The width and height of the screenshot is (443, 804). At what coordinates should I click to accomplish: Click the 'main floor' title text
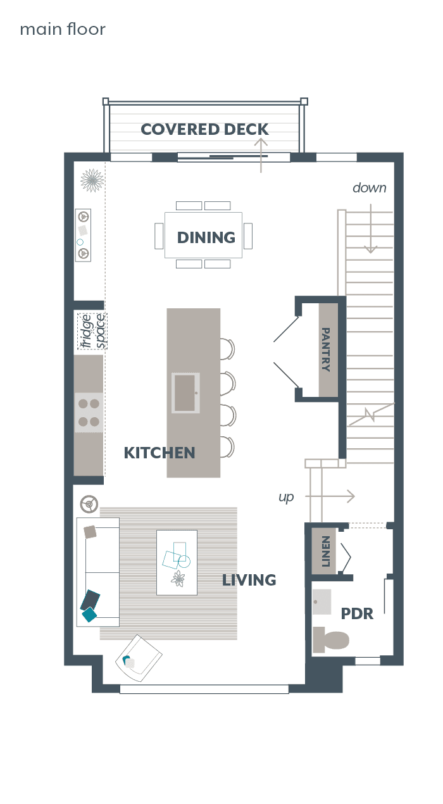pyautogui.click(x=63, y=29)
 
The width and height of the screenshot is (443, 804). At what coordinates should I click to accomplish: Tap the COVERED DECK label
pyautogui.click(x=204, y=129)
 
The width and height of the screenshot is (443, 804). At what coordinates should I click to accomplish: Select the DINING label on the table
pyautogui.click(x=206, y=237)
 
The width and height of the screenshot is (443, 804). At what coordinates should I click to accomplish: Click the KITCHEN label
pyautogui.click(x=159, y=453)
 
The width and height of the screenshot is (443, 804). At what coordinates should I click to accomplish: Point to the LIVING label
pyautogui.click(x=249, y=580)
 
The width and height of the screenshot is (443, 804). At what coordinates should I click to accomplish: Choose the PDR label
pyautogui.click(x=357, y=613)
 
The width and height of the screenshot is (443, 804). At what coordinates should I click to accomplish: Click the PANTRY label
pyautogui.click(x=325, y=349)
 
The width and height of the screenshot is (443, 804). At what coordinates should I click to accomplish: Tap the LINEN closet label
pyautogui.click(x=325, y=551)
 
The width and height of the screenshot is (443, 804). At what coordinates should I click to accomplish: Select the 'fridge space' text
pyautogui.click(x=92, y=331)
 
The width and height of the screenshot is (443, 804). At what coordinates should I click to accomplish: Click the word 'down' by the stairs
pyautogui.click(x=370, y=188)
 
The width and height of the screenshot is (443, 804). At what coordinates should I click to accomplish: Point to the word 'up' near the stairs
pyautogui.click(x=286, y=498)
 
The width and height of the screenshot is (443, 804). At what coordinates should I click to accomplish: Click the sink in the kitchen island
pyautogui.click(x=185, y=393)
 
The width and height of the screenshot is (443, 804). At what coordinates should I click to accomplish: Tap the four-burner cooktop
pyautogui.click(x=89, y=413)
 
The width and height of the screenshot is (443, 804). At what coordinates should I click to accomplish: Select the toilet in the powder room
pyautogui.click(x=330, y=639)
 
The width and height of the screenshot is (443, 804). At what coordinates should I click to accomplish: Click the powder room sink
pyautogui.click(x=321, y=602)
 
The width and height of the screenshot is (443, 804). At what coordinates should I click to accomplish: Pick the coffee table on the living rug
pyautogui.click(x=177, y=562)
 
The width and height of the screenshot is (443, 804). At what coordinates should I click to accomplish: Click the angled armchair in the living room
pyautogui.click(x=139, y=658)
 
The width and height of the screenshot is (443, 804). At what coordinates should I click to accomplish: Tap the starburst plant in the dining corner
pyautogui.click(x=92, y=180)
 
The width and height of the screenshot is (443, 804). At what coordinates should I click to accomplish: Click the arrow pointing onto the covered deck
pyautogui.click(x=261, y=155)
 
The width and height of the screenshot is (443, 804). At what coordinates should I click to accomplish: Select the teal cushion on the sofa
pyautogui.click(x=89, y=615)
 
